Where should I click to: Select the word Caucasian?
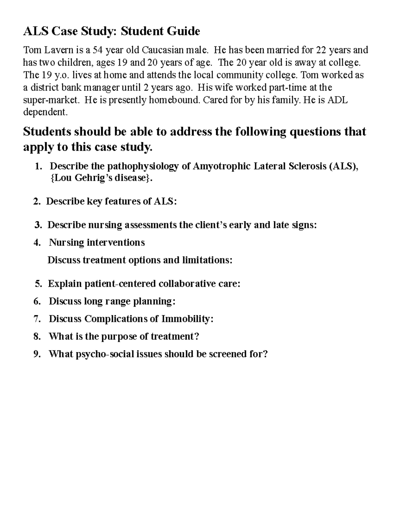coord(158,50)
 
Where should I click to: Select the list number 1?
coord(38,166)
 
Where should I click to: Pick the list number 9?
coord(37,354)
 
